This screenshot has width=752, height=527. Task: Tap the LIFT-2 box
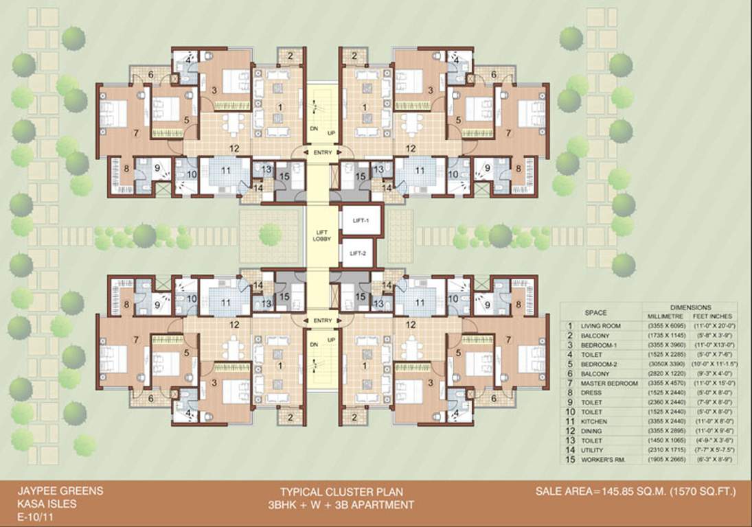(357, 253)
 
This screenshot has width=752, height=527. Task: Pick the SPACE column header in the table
(595, 312)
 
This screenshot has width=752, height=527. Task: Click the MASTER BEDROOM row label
(609, 382)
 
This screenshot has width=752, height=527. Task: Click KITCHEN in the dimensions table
(594, 421)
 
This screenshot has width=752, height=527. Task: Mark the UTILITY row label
(593, 449)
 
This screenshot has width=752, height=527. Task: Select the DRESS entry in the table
(592, 392)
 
